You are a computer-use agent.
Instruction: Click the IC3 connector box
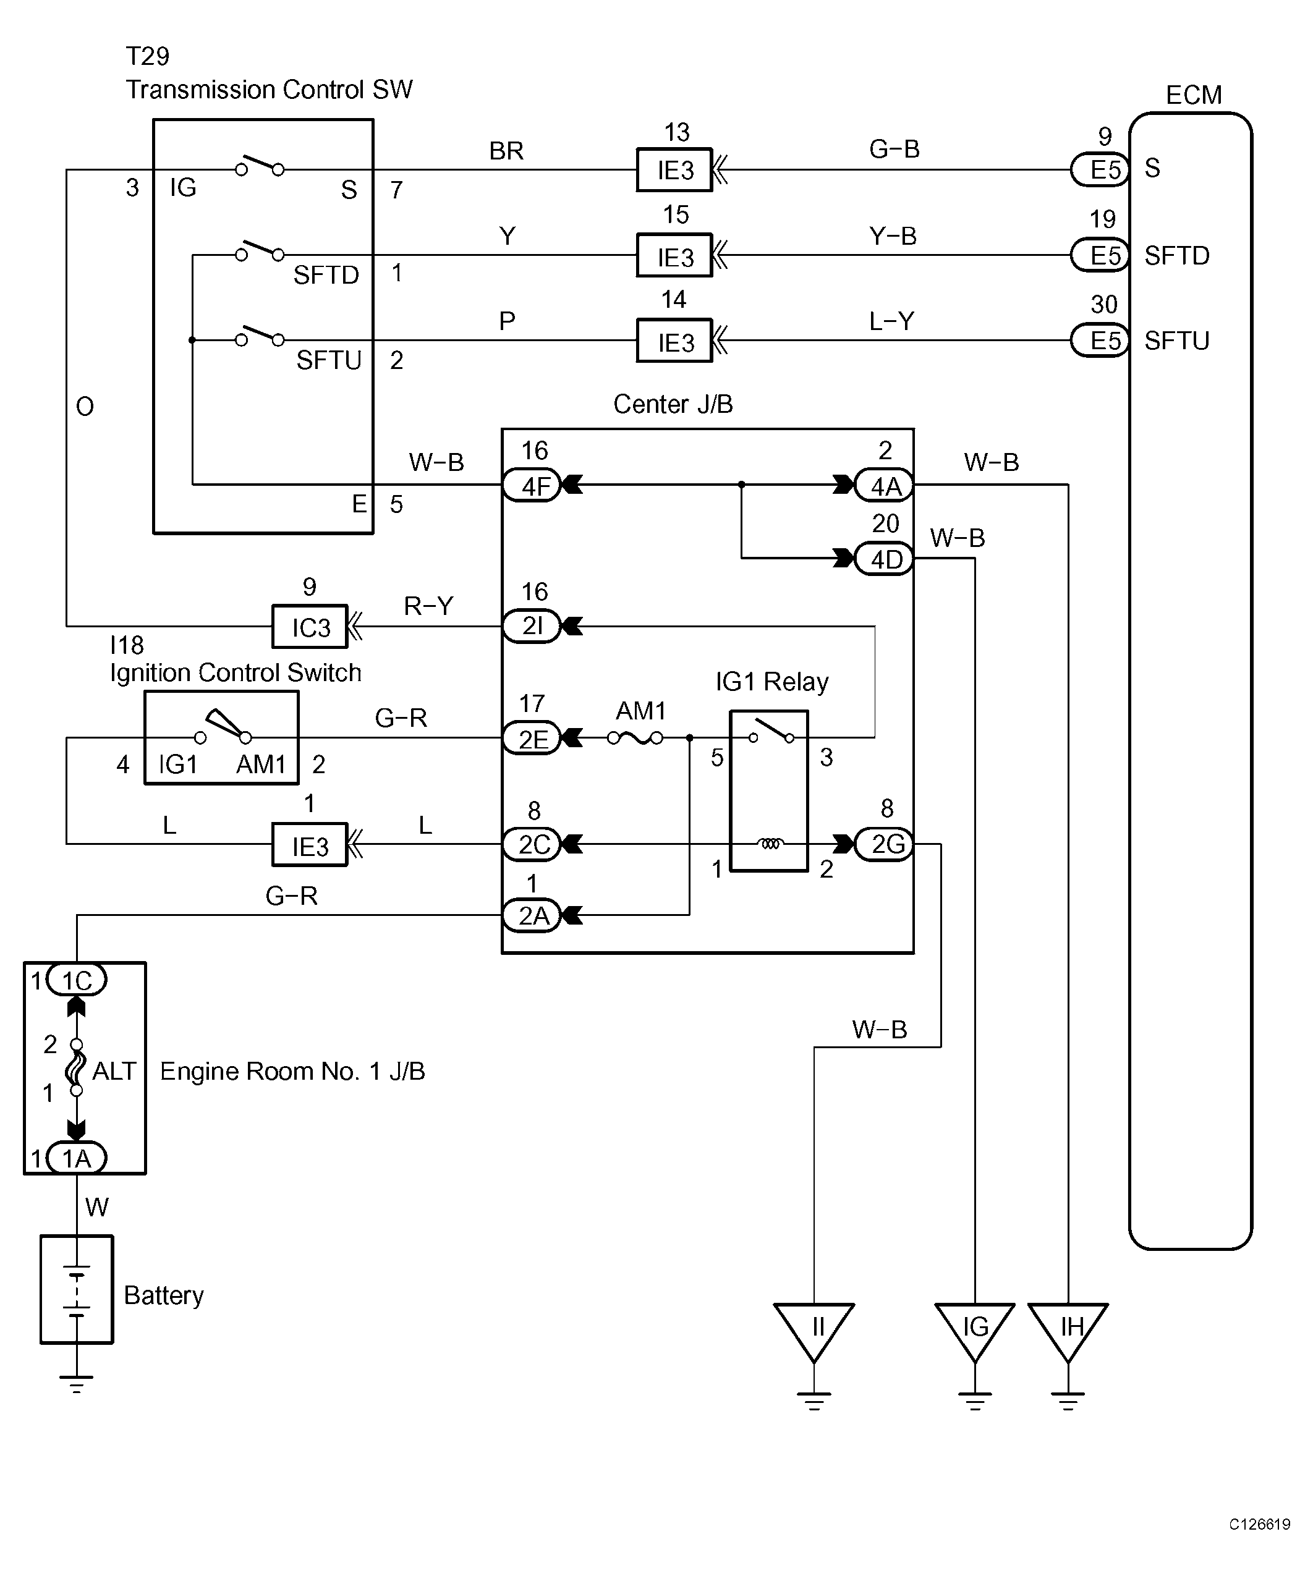click(x=309, y=626)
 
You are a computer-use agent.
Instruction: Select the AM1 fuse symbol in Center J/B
click(x=635, y=738)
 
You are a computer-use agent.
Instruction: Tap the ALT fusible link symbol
click(x=76, y=1067)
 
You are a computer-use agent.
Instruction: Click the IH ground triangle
click(x=1068, y=1332)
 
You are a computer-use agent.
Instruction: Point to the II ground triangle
click(x=814, y=1332)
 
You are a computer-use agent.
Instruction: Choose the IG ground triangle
click(x=974, y=1332)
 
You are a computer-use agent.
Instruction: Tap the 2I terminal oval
click(x=532, y=625)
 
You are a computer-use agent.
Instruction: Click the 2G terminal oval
click(x=885, y=844)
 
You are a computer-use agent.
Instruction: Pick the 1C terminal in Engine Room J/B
click(x=77, y=980)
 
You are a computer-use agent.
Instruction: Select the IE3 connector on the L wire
click(x=309, y=845)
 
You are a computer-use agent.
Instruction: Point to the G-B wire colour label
click(x=894, y=148)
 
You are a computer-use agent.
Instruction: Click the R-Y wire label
click(x=428, y=605)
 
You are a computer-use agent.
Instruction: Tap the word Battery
click(x=164, y=1295)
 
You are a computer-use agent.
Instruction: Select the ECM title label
click(x=1194, y=95)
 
